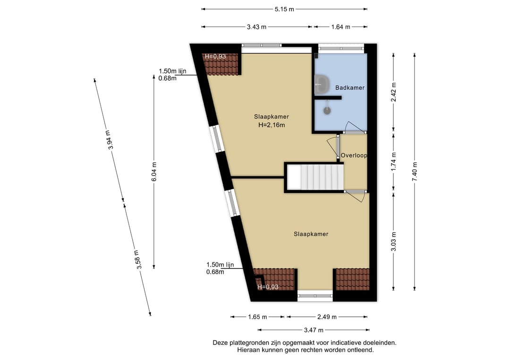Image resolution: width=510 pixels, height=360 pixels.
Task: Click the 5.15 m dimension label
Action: (284, 9)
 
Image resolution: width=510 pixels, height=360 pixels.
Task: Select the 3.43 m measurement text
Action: (256, 27)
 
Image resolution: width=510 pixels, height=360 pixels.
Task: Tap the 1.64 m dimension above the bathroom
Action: (341, 27)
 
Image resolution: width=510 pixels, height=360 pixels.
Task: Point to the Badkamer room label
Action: (349, 88)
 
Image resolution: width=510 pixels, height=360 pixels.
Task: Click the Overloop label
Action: (354, 155)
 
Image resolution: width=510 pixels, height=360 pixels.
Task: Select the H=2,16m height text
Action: (272, 125)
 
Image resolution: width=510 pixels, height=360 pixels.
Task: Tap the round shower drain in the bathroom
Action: (327, 110)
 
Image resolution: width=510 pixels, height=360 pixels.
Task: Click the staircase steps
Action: (322, 177)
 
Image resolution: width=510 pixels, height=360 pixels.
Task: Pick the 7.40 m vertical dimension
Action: (415, 171)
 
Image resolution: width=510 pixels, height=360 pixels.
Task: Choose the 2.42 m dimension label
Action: (393, 92)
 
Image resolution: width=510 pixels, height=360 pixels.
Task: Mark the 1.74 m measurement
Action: (393, 162)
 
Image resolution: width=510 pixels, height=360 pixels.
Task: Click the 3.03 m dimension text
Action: (393, 242)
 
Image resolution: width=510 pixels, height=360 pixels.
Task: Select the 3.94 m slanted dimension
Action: (110, 140)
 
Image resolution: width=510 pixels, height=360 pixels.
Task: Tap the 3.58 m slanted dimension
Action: (138, 260)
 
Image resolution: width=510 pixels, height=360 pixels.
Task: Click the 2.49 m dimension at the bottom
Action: (327, 317)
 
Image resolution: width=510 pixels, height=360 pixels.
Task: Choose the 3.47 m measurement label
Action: (314, 330)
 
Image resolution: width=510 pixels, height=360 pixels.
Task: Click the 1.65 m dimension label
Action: (257, 317)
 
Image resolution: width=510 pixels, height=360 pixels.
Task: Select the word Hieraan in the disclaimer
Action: (248, 350)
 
